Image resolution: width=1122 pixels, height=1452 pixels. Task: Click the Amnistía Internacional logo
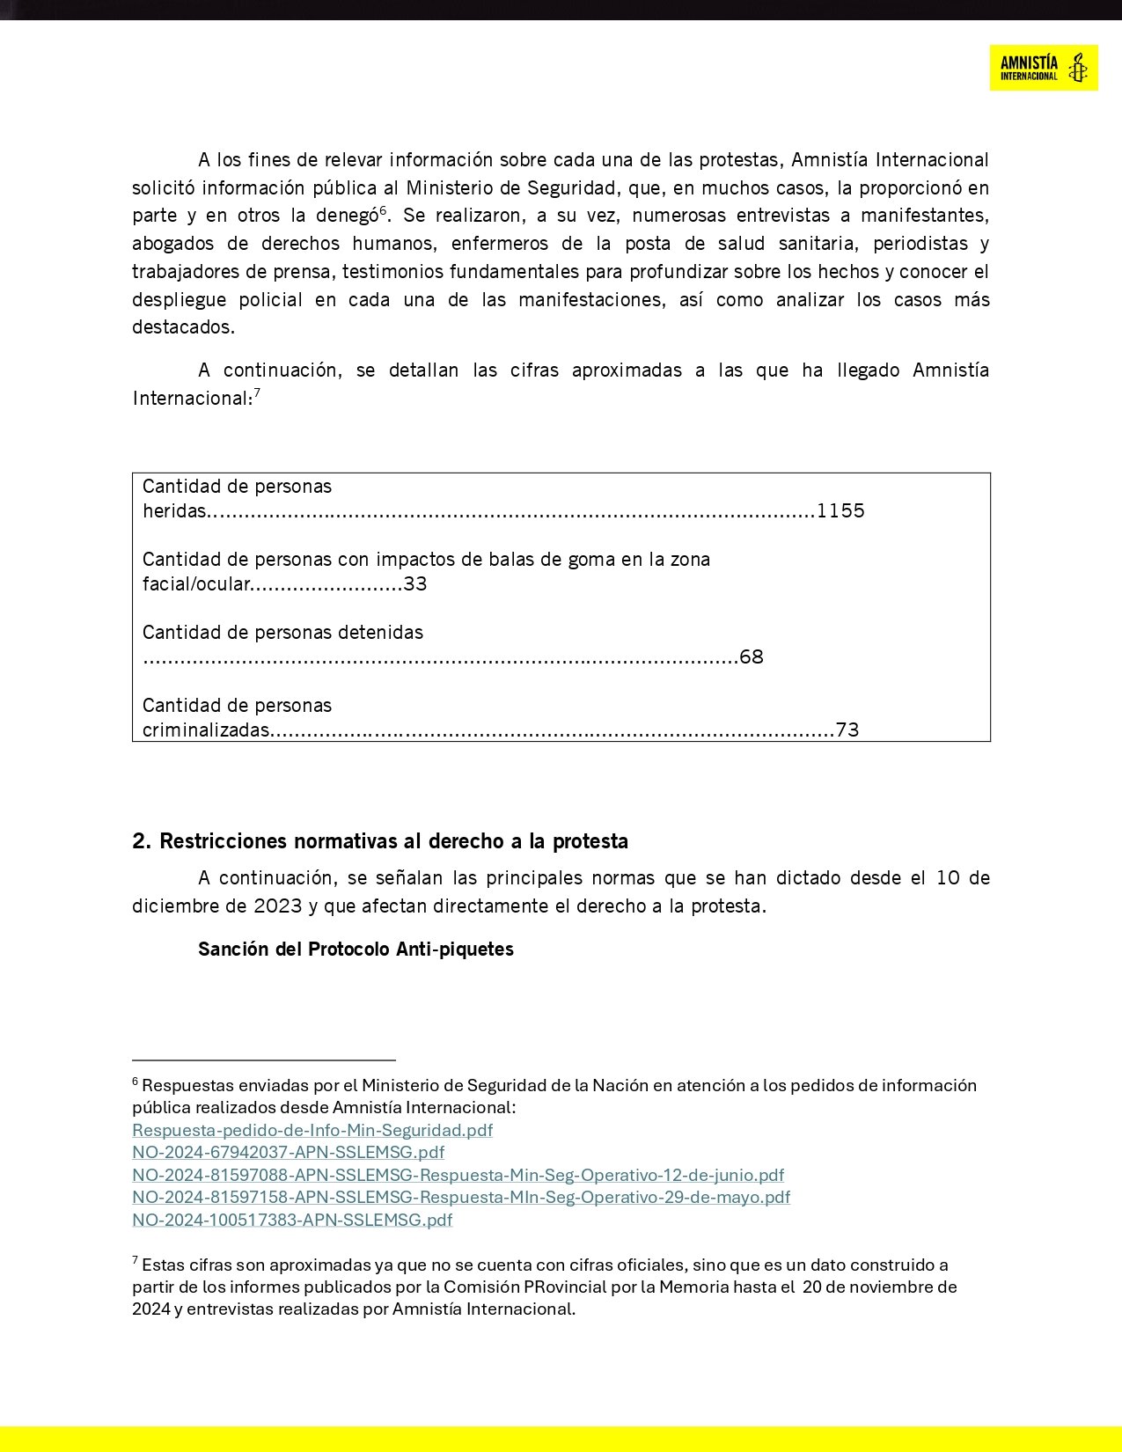click(x=1043, y=68)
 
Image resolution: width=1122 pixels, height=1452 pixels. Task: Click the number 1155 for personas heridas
click(x=840, y=511)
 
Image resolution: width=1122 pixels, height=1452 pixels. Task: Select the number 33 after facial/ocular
click(x=415, y=584)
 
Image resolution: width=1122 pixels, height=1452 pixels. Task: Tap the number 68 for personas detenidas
click(x=752, y=657)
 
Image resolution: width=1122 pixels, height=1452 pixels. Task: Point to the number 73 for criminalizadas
click(x=847, y=730)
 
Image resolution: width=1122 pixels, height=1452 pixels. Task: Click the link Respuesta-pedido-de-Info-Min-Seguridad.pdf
click(x=312, y=1130)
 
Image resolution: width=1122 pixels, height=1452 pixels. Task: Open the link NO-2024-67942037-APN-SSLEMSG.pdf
click(x=288, y=1152)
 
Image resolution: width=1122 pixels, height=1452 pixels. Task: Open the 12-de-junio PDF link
click(x=458, y=1175)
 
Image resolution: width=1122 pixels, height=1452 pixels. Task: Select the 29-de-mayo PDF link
click(x=461, y=1197)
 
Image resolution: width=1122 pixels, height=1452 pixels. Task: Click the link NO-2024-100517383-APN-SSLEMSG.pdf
click(x=292, y=1220)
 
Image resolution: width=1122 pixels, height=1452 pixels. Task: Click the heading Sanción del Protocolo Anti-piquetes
click(x=356, y=950)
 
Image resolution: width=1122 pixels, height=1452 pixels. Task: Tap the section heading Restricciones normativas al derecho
click(x=380, y=841)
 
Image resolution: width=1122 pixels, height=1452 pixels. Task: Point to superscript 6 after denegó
click(x=383, y=210)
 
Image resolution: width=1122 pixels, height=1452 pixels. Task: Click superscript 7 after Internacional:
click(x=257, y=392)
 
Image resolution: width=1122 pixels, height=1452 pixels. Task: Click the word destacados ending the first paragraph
click(x=183, y=327)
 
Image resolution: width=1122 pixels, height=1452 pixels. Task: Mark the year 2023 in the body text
click(x=278, y=906)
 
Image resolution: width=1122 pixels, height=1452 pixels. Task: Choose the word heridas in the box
click(x=174, y=511)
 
